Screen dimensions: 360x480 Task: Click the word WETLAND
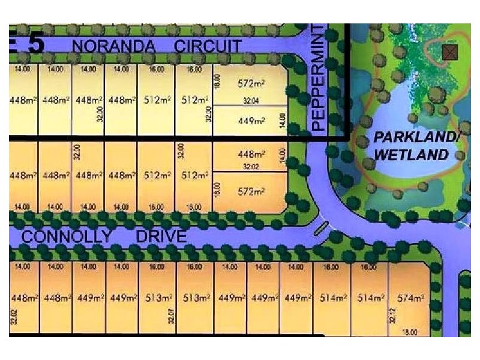pyautogui.click(x=412, y=155)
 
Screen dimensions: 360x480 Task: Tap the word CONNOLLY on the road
pyautogui.click(x=67, y=236)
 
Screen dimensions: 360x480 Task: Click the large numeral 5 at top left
pyautogui.click(x=35, y=44)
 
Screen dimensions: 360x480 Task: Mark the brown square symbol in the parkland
pyautogui.click(x=449, y=52)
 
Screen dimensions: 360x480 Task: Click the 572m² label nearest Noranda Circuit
pyautogui.click(x=251, y=83)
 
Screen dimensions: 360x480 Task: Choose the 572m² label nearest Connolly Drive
pyautogui.click(x=251, y=192)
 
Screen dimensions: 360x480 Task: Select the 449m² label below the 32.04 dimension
pyautogui.click(x=251, y=121)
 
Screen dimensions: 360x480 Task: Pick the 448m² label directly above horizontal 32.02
pyautogui.click(x=251, y=154)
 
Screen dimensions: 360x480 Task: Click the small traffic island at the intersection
pyautogui.click(x=321, y=229)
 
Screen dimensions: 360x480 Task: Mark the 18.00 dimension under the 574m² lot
pyautogui.click(x=411, y=332)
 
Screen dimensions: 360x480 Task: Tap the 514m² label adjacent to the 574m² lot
pyautogui.click(x=370, y=298)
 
